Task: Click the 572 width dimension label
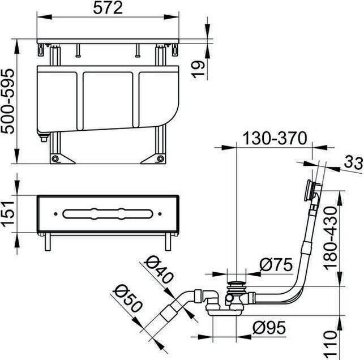click(108, 8)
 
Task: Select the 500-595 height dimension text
click(8, 101)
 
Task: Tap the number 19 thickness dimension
click(198, 69)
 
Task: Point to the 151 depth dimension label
click(8, 213)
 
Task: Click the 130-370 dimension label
click(275, 138)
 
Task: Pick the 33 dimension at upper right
click(353, 162)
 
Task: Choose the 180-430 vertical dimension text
click(330, 238)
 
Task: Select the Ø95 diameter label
click(269, 328)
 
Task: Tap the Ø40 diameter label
click(159, 269)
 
